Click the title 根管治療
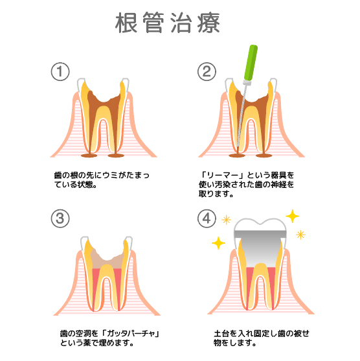point(168,23)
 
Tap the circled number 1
point(60,71)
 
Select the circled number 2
point(207,71)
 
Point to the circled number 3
point(60,218)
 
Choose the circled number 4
point(207,218)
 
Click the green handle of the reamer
point(251,62)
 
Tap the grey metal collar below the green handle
point(246,82)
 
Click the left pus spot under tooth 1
point(89,156)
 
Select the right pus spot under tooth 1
point(116,156)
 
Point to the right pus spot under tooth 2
point(264,156)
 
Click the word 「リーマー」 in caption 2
point(223,175)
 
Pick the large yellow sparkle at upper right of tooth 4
point(293,216)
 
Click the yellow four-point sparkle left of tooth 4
point(218,243)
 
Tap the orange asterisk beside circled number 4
point(227,220)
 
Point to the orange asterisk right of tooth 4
point(300,235)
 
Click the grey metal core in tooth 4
point(260,246)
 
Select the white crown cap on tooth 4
point(260,224)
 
